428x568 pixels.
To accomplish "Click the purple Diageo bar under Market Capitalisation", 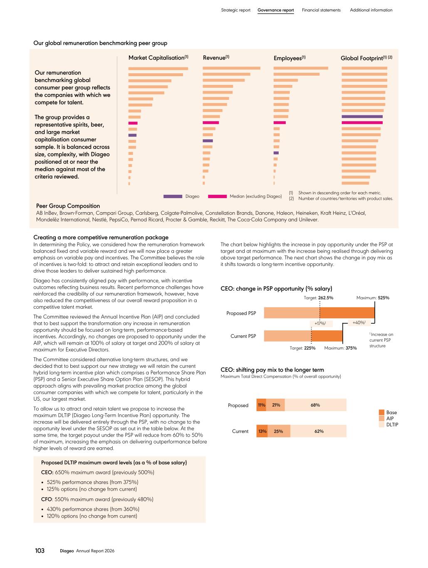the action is click(x=132, y=135).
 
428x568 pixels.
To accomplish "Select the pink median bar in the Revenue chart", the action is click(x=210, y=122).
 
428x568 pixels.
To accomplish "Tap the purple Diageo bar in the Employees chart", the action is click(x=276, y=153).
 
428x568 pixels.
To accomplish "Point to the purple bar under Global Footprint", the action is click(x=362, y=117).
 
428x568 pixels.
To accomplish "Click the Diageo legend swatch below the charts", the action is click(x=173, y=196).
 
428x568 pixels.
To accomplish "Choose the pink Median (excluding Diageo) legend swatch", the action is click(x=217, y=196).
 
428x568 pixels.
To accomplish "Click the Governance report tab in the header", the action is click(x=275, y=10).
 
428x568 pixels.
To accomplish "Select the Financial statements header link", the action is click(x=321, y=10).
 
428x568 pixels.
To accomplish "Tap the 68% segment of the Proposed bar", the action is click(x=315, y=405).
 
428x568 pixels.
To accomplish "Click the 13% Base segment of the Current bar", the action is click(x=262, y=431).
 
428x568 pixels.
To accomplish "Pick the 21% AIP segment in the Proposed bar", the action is click(x=275, y=405).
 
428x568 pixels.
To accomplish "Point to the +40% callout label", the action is click(x=359, y=322).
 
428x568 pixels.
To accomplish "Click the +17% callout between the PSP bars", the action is click(x=321, y=323).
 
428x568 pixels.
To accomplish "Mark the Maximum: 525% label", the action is click(x=372, y=298).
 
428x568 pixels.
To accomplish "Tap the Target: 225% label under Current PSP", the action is click(x=302, y=348).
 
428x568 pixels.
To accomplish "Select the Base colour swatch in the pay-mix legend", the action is click(x=381, y=412).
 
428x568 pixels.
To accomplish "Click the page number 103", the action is click(x=40, y=551).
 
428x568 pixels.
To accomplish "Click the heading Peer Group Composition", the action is click(x=68, y=206).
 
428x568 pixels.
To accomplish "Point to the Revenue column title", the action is click(x=216, y=57).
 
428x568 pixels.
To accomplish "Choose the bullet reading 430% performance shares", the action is click(x=93, y=509).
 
